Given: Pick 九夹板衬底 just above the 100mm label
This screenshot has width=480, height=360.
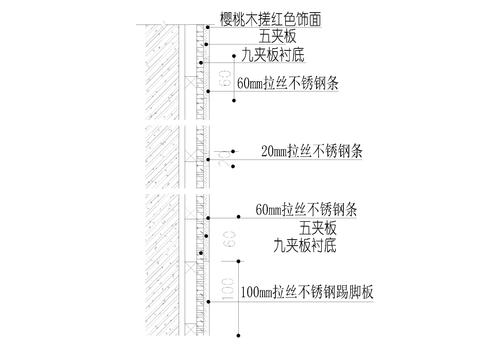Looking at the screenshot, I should coord(279,244).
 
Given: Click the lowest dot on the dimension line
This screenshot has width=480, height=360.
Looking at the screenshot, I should coord(237,335).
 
